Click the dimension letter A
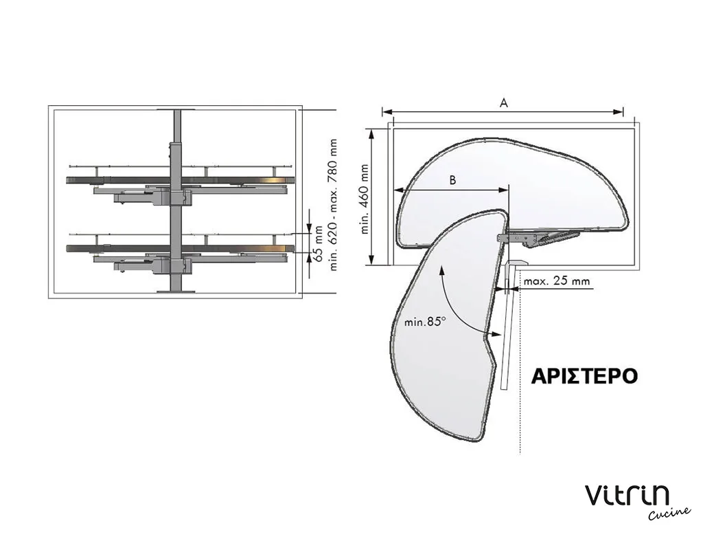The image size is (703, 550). tap(503, 103)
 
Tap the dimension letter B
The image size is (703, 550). tap(453, 180)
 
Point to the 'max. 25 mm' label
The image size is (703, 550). tap(556, 281)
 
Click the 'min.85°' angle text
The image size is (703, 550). tap(425, 322)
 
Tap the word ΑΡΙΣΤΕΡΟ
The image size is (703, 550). tap(584, 376)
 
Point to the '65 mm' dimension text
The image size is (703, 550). tap(318, 244)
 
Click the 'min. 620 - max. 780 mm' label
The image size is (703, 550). tap(333, 204)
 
